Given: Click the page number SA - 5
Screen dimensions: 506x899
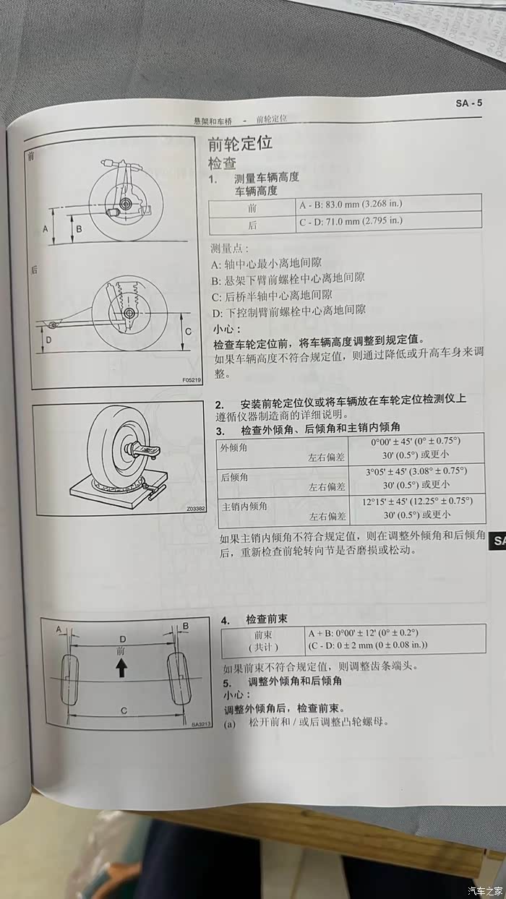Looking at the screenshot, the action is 468,103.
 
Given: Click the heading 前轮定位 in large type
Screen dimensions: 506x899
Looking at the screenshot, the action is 240,143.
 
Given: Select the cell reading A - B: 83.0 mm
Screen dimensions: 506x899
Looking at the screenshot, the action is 351,205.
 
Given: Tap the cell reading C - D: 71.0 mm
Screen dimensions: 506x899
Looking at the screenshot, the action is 351,221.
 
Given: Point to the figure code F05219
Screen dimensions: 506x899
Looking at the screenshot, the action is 192,379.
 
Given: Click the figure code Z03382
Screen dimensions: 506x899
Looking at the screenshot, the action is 196,509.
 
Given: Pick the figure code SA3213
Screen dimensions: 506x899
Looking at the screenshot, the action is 201,724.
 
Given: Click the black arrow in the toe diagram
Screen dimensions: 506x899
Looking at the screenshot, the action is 121,669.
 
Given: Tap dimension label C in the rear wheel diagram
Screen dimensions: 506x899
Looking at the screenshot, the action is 188,332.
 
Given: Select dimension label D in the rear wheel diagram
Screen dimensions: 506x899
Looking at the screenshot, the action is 48,340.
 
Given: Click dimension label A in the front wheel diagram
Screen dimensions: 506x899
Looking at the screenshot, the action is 46,229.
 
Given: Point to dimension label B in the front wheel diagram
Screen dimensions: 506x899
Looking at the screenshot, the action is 79,229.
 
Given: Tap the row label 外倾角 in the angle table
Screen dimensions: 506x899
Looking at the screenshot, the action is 233,447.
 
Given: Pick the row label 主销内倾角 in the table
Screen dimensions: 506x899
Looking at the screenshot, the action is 244,507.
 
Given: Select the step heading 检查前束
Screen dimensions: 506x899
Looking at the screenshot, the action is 267,619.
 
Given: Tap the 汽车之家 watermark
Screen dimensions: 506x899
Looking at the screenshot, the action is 486,890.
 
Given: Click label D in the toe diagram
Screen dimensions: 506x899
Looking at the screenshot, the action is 123,639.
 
